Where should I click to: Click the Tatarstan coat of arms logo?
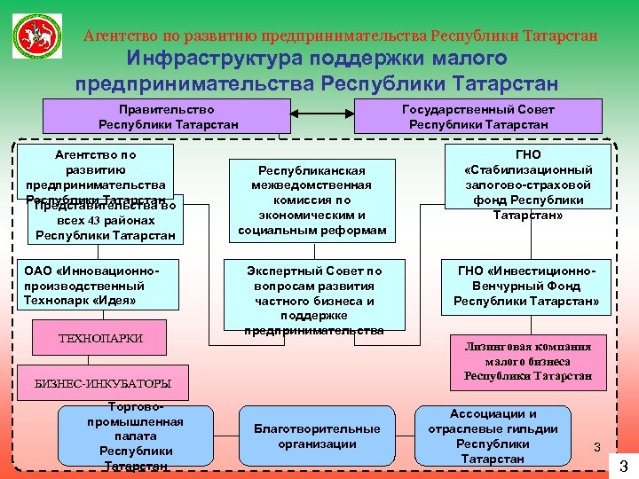37,35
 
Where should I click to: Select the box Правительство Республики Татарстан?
168,116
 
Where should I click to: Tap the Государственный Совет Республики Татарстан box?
478,116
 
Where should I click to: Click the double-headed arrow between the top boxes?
321,114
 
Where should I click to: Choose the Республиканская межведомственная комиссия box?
312,200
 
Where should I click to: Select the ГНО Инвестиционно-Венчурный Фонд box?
526,286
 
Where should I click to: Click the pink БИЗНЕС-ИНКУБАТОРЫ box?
102,383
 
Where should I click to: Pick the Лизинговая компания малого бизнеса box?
527,361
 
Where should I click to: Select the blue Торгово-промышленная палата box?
135,437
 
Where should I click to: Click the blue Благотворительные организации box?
317,436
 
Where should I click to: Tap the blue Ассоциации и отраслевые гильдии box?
505,436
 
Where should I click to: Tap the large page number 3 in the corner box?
623,466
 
